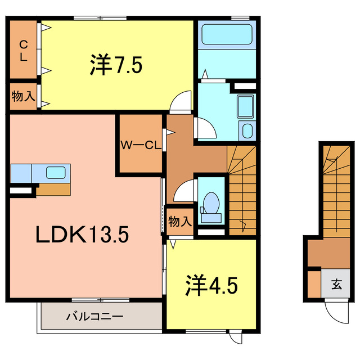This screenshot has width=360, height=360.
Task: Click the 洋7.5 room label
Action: pos(115,65)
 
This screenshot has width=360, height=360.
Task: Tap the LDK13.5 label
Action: pos(83,234)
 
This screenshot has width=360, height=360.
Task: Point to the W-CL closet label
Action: pos(139,145)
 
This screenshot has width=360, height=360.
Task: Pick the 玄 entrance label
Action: pos(336,284)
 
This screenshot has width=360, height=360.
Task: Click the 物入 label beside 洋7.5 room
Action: pos(23,96)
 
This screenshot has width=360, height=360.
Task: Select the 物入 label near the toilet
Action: pos(180,221)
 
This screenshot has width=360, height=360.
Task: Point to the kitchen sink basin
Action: pos(56,172)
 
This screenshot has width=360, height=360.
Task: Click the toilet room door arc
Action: pos(184,191)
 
